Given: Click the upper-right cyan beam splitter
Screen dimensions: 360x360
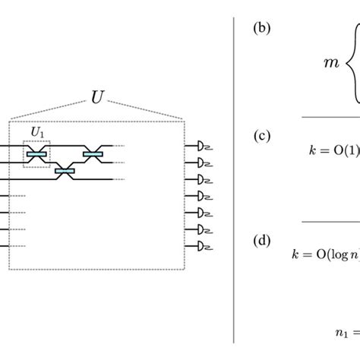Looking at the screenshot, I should coord(92,154).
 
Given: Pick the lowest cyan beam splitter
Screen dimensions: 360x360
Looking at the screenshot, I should coord(65,172).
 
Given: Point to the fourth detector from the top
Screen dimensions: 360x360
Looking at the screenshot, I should coord(203,195).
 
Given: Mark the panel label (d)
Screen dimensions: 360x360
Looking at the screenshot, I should coord(261,241).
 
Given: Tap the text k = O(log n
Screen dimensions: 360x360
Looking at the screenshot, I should coord(326,255).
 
